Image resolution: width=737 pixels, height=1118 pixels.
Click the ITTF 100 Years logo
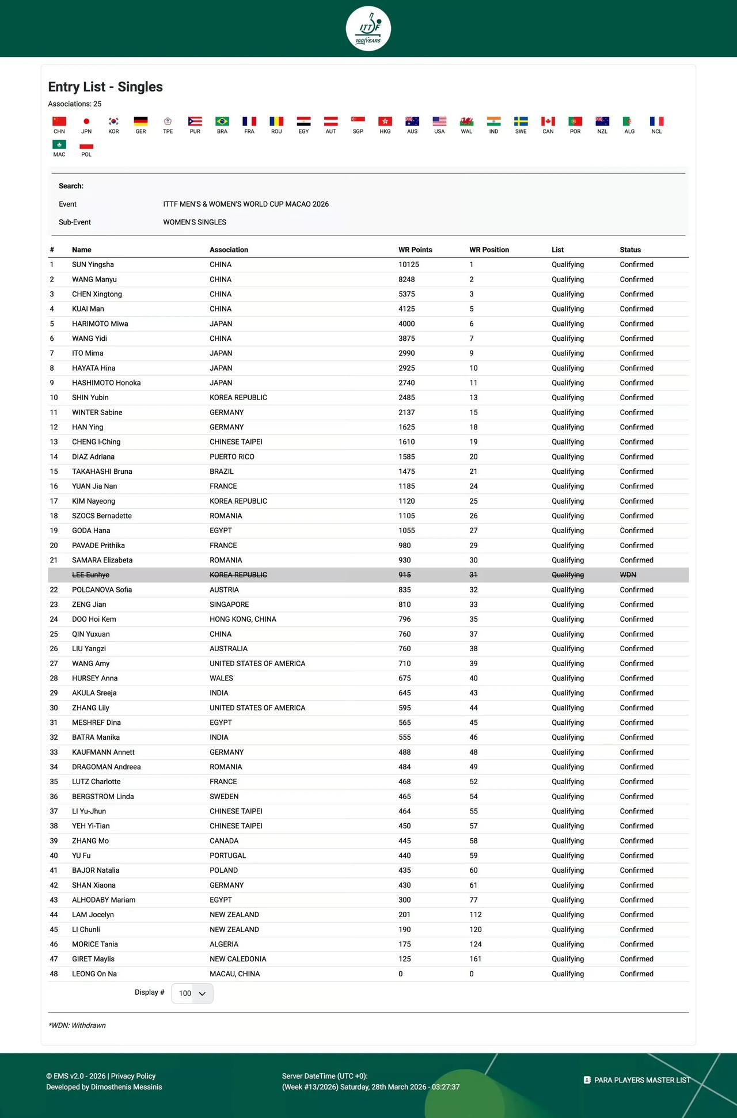[368, 29]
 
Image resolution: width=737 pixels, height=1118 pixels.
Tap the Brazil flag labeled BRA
[222, 121]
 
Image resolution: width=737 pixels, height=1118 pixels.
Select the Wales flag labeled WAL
[466, 121]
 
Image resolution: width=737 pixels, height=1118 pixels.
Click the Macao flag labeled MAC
[59, 144]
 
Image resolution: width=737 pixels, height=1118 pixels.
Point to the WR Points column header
[415, 250]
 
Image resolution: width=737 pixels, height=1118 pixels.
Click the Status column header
[630, 250]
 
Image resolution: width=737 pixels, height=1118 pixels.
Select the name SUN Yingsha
[93, 265]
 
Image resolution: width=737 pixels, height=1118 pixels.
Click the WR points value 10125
[409, 265]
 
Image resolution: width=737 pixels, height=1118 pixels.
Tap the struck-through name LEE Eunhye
[90, 575]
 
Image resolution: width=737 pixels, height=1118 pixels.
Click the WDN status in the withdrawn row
[628, 575]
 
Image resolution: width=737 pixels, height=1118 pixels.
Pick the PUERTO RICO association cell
[232, 457]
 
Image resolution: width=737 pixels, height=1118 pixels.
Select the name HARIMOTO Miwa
[100, 324]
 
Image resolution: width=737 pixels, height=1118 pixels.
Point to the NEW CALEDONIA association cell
[238, 959]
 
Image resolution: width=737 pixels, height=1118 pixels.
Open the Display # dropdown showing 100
[192, 994]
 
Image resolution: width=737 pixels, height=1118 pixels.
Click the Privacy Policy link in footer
[133, 1076]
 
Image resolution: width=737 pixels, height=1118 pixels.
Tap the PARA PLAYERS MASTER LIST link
[641, 1080]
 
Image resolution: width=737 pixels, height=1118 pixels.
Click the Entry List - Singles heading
[105, 87]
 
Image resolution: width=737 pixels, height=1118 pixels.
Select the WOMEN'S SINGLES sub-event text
[195, 222]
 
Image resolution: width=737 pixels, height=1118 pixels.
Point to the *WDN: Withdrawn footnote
[77, 1025]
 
